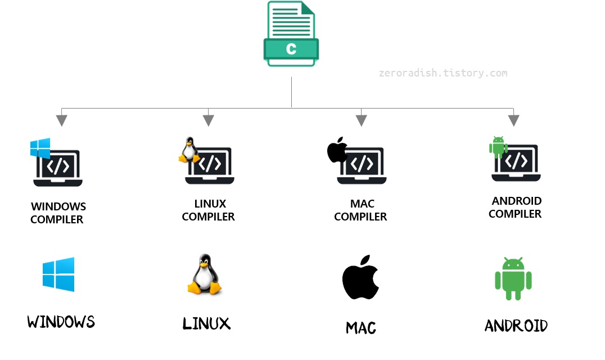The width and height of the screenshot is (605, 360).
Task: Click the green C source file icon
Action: coord(291,34)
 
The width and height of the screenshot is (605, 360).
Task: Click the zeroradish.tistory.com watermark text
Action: coord(443,73)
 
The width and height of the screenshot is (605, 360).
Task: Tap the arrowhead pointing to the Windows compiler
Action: coord(61,120)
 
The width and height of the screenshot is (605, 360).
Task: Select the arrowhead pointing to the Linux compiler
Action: coord(208,119)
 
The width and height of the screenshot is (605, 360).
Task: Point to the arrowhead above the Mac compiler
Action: coord(361,119)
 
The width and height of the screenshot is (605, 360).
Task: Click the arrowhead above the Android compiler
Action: coord(513,119)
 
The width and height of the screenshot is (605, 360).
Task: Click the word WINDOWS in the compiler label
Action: coord(58,206)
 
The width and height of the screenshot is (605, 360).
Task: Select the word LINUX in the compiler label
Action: coord(210,204)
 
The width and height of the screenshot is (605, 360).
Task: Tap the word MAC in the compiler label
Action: coord(362,204)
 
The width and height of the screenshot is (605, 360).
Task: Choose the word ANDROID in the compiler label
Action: coord(517,201)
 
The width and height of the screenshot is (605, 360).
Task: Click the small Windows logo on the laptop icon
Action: coord(40,148)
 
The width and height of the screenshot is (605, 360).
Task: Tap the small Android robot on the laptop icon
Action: coord(498,146)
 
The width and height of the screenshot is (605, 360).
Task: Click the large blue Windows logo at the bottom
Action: coord(58,274)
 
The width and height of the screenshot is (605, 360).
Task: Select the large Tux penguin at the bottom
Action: coord(204,274)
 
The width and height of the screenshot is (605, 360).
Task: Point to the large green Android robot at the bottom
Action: coord(513,278)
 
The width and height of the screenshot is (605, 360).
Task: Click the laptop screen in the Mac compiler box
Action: coord(363,163)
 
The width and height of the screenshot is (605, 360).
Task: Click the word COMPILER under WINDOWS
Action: coord(57,219)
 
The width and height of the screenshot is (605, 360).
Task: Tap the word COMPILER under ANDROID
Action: coord(515,214)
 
